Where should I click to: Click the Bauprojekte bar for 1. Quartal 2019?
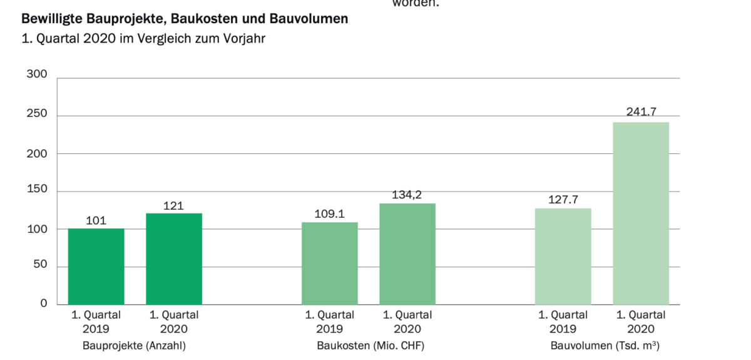coord(96,266)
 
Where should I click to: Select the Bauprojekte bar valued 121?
coord(174,259)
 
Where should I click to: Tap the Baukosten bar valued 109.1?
coord(330,263)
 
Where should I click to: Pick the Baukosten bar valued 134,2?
coord(407,254)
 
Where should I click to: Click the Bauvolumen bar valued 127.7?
coord(563,256)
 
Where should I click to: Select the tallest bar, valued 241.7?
coord(641,213)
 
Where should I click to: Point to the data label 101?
coord(96,220)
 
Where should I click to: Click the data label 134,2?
coord(407,195)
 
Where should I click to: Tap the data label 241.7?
coord(641,113)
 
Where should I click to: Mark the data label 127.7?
coord(563,200)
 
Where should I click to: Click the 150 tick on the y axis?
coord(37,191)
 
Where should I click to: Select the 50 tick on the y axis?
coord(40,267)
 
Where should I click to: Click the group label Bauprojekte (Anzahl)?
coord(134,345)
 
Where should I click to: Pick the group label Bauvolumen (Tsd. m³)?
coord(605,345)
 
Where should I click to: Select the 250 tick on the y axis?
coord(37,115)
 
